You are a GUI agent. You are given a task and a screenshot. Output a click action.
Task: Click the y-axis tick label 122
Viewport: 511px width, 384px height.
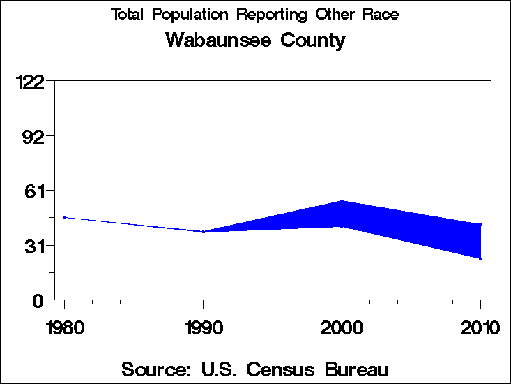(30, 82)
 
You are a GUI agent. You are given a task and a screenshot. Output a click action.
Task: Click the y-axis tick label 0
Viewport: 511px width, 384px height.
(40, 300)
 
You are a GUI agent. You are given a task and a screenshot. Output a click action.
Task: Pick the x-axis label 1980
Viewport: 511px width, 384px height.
(64, 327)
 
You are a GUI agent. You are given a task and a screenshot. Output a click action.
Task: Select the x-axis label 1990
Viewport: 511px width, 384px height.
(203, 327)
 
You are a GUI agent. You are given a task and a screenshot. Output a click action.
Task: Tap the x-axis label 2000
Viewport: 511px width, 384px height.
(342, 327)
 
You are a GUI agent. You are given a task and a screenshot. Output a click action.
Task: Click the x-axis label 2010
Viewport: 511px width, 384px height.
(480, 327)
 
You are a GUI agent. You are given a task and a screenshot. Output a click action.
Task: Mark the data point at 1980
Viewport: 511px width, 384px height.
(65, 217)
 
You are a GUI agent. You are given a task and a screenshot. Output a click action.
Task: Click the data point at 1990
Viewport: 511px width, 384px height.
(203, 231)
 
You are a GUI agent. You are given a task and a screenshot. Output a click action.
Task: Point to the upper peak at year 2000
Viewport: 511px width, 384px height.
(342, 201)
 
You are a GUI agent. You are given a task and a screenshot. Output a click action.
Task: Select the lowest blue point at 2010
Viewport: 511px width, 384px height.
(480, 258)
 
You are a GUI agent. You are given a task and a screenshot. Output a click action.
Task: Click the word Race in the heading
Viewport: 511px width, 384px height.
(379, 14)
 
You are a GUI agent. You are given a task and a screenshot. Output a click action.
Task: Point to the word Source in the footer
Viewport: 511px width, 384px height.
(155, 369)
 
